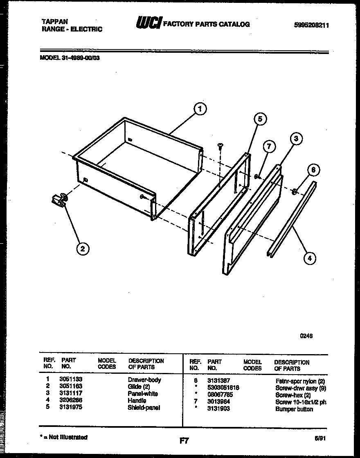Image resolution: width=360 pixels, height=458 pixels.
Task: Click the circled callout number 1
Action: [199, 109]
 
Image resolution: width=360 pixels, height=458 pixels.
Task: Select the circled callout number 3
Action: [296, 139]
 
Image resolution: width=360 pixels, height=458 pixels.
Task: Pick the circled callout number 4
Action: [310, 258]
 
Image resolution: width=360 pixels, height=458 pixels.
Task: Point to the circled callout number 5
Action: [259, 119]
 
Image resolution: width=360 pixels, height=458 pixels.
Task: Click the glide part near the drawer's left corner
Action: [58, 200]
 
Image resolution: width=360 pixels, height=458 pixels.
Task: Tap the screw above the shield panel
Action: [220, 145]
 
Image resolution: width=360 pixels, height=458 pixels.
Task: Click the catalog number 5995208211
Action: [312, 25]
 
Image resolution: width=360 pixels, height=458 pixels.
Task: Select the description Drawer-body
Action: [144, 379]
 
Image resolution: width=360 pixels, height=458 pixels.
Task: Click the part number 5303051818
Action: [223, 388]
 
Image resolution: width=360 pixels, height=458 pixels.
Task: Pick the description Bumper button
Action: [294, 409]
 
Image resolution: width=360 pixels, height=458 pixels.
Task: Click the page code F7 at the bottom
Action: [184, 441]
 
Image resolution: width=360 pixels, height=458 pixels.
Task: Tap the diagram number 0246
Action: [307, 336]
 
